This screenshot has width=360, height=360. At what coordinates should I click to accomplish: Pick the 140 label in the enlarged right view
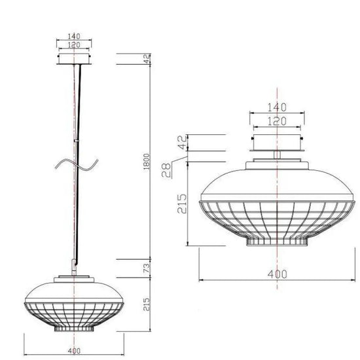tap(277, 107)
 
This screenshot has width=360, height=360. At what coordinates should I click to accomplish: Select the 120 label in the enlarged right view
tap(277, 121)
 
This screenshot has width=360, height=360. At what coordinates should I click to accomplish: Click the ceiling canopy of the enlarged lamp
tap(277, 142)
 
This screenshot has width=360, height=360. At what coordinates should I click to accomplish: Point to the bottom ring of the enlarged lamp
tap(278, 242)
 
